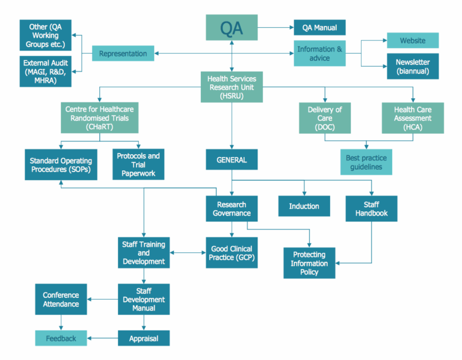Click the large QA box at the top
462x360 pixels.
[232, 28]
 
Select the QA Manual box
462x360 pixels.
[319, 28]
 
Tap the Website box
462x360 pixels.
[412, 41]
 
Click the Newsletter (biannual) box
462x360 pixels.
[412, 66]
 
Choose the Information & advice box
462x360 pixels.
[319, 54]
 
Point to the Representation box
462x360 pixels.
[123, 54]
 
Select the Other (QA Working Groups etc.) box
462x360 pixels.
[46, 36]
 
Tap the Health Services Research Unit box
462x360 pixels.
[232, 87]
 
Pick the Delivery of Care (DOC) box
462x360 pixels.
[325, 118]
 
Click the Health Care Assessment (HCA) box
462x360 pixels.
[413, 118]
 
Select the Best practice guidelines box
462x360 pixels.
[366, 163]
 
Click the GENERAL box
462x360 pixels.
[232, 160]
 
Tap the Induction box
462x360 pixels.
[304, 206]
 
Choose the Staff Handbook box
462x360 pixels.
[371, 208]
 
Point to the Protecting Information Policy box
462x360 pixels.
[309, 263]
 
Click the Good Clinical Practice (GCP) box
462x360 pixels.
[231, 253]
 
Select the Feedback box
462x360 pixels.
[61, 338]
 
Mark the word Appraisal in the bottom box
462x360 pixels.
[144, 338]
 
